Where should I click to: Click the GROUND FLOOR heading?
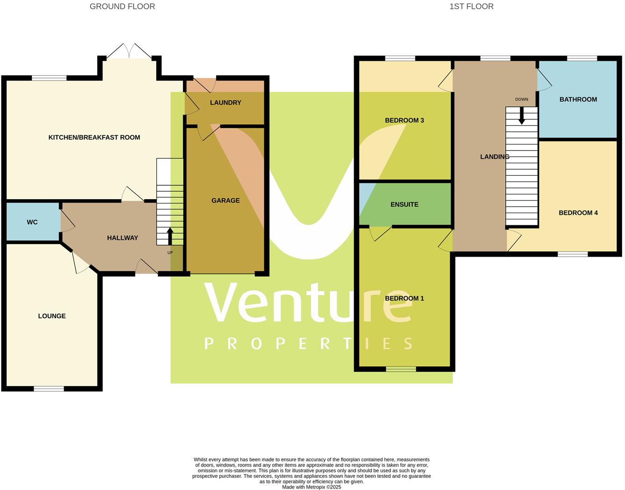pyautogui.click(x=122, y=7)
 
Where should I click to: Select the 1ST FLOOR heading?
pyautogui.click(x=471, y=7)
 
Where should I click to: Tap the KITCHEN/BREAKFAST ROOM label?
pyautogui.click(x=94, y=137)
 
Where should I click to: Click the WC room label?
pyautogui.click(x=32, y=222)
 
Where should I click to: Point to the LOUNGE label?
pyautogui.click(x=52, y=316)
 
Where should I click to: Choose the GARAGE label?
pyautogui.click(x=225, y=201)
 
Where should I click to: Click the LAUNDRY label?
pyautogui.click(x=225, y=103)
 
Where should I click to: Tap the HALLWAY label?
pyautogui.click(x=123, y=238)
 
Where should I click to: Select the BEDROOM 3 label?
pyautogui.click(x=404, y=121)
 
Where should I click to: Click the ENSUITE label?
pyautogui.click(x=404, y=205)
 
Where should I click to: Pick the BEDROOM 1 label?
pyautogui.click(x=404, y=299)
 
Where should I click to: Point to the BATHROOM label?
pyautogui.click(x=578, y=100)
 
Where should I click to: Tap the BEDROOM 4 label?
pyautogui.click(x=578, y=213)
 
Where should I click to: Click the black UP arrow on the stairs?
pyautogui.click(x=170, y=235)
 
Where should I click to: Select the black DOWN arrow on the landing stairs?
pyautogui.click(x=522, y=116)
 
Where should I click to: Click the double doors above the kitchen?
pyautogui.click(x=129, y=51)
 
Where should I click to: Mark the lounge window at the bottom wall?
pyautogui.click(x=49, y=389)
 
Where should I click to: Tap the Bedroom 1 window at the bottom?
pyautogui.click(x=401, y=369)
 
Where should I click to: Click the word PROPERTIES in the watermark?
pyautogui.click(x=309, y=344)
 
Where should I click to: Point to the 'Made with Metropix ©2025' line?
pyautogui.click(x=312, y=487)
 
